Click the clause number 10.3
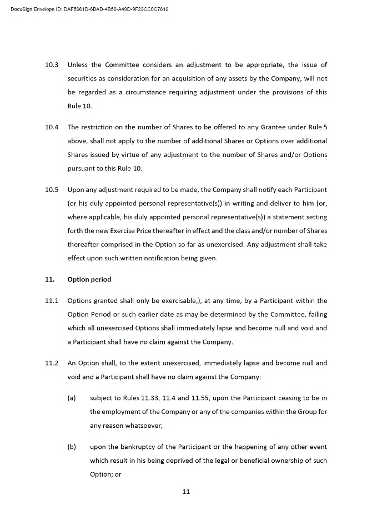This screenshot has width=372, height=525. click(52, 65)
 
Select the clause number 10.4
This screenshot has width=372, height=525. click(52, 127)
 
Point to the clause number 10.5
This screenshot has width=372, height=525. click(52, 189)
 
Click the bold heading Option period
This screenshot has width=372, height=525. click(89, 279)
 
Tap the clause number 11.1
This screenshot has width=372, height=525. click(52, 301)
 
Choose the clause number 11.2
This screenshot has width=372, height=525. click(52, 363)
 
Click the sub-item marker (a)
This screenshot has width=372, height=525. click(72, 398)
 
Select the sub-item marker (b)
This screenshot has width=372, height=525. click(72, 447)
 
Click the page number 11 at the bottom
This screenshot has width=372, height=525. click(186, 491)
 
